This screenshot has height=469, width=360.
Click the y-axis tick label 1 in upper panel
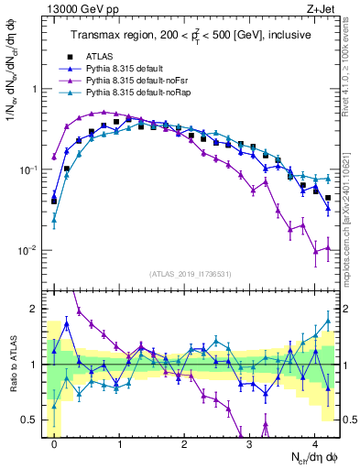pos(38,90)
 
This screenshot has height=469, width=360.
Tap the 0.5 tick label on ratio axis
pos(31,420)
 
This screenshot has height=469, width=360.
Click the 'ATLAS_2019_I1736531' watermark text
pos(185,274)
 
